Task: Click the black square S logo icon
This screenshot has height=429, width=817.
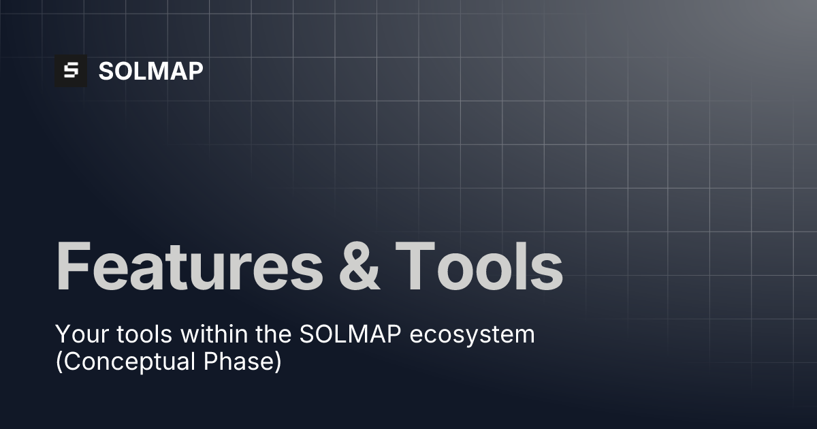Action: pos(71,71)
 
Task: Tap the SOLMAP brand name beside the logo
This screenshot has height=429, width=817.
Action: pos(150,71)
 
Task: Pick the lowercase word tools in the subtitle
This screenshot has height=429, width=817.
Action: pos(135,335)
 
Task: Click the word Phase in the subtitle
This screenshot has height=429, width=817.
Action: pos(241,362)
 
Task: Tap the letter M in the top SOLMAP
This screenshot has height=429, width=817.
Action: pos(157,71)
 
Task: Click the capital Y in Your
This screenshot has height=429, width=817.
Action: pos(62,335)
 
